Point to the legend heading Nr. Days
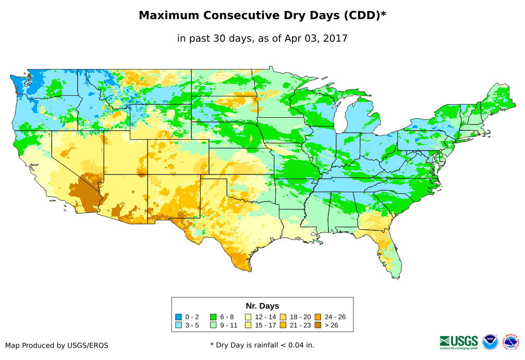point(262,306)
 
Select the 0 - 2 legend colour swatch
point(178,317)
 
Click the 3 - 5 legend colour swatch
point(178,326)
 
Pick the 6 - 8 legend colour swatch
point(213,317)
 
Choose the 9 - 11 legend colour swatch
point(213,326)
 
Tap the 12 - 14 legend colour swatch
point(248,317)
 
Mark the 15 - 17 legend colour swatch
point(248,326)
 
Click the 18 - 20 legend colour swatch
point(283,317)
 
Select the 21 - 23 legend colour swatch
point(283,326)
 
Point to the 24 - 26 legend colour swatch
point(318,317)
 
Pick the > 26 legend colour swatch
point(318,326)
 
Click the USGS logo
point(459,342)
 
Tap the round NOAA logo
point(490,342)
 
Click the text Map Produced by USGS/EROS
point(57,345)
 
